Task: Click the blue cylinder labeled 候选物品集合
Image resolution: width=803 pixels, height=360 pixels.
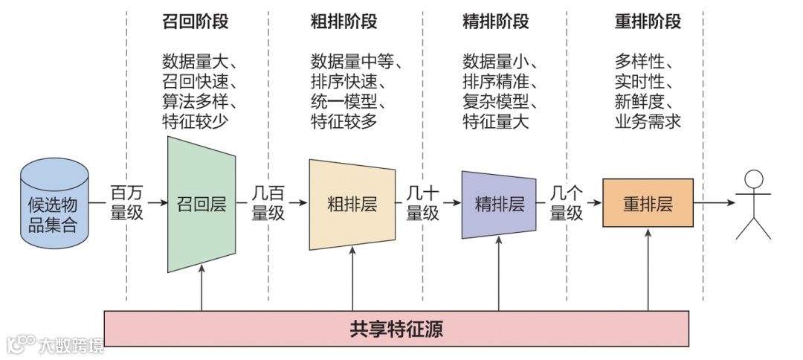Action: [53, 203]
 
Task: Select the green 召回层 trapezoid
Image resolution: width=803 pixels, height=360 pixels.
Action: [201, 203]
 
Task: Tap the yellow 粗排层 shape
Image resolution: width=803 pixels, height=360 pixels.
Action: [352, 204]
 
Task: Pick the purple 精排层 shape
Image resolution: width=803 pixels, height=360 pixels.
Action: [499, 204]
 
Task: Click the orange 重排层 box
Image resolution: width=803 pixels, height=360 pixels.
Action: [648, 203]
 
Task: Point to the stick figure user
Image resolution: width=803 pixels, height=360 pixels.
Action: [753, 204]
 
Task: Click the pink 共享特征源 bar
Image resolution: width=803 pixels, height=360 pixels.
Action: [396, 329]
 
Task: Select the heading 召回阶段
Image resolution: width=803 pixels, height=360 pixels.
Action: [195, 22]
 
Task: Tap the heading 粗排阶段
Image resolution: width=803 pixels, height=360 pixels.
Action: [344, 22]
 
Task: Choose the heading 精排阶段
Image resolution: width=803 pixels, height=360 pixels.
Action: [495, 22]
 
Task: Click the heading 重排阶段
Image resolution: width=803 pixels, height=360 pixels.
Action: [648, 22]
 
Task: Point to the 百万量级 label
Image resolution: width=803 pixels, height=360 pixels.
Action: [127, 202]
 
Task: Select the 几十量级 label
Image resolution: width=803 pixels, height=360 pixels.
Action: [423, 202]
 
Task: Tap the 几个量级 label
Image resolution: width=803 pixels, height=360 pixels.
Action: [566, 202]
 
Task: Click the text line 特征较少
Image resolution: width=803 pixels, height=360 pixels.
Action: [195, 121]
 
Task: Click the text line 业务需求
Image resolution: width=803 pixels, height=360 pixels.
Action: [648, 121]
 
